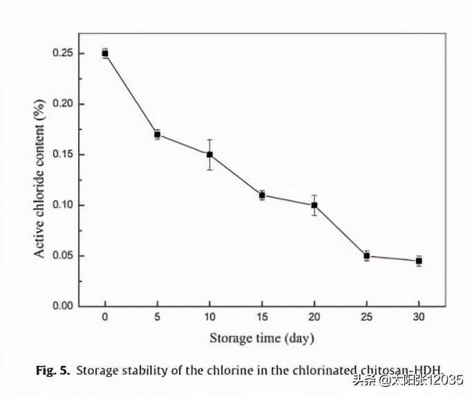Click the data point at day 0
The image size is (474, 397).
(105, 53)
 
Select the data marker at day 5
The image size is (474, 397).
(158, 134)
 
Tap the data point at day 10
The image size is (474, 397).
(209, 154)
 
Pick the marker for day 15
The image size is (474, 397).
(262, 195)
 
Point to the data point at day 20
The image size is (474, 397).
(314, 205)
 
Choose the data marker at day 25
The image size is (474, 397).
(367, 256)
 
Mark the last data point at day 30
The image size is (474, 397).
(419, 261)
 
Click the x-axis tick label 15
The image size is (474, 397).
(262, 318)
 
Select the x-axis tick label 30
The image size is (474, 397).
(419, 318)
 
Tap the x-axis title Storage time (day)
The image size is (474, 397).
(262, 338)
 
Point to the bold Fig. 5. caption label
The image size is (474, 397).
(53, 370)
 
